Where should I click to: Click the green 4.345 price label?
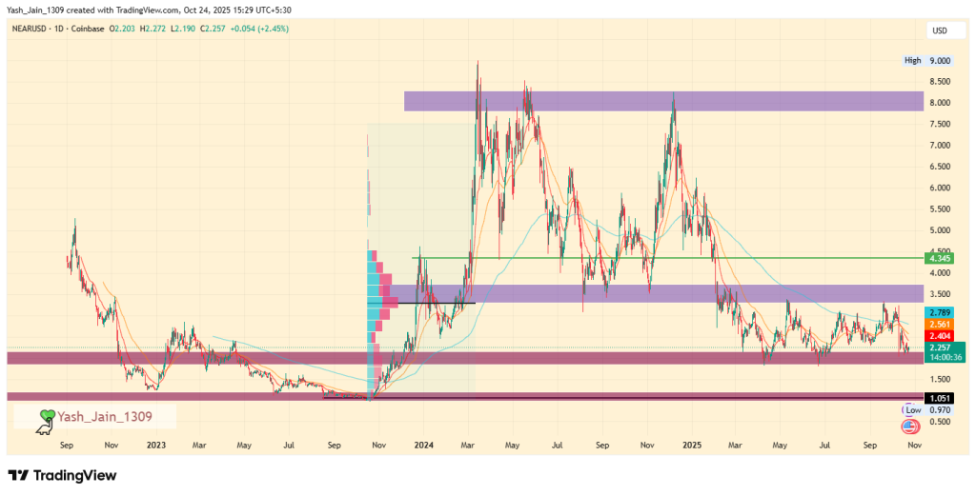pos(940,258)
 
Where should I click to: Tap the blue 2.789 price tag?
pos(940,312)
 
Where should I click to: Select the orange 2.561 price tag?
pos(940,324)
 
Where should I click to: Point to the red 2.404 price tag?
pos(940,336)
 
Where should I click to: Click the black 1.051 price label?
pos(940,398)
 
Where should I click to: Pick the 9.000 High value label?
pos(940,61)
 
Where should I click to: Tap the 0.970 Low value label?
pos(940,409)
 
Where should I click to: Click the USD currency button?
pos(940,30)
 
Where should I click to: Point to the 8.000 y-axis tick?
pos(940,103)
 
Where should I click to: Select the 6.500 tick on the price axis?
pos(940,167)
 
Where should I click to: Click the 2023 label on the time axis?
pos(154,444)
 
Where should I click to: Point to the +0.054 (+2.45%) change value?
pos(254,29)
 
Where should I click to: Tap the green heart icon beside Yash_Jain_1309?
pos(46,416)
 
